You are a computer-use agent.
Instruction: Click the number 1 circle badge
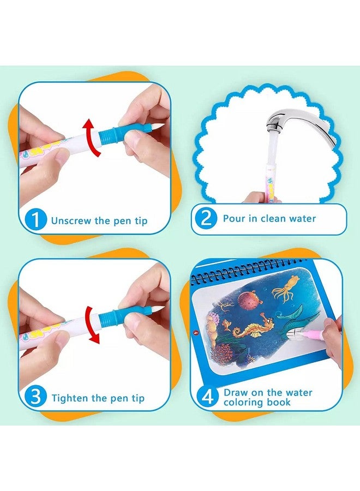click(37, 220)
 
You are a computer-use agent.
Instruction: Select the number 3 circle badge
click(37, 397)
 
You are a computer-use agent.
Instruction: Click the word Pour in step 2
click(234, 219)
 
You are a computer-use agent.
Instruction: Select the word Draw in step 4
click(235, 392)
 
